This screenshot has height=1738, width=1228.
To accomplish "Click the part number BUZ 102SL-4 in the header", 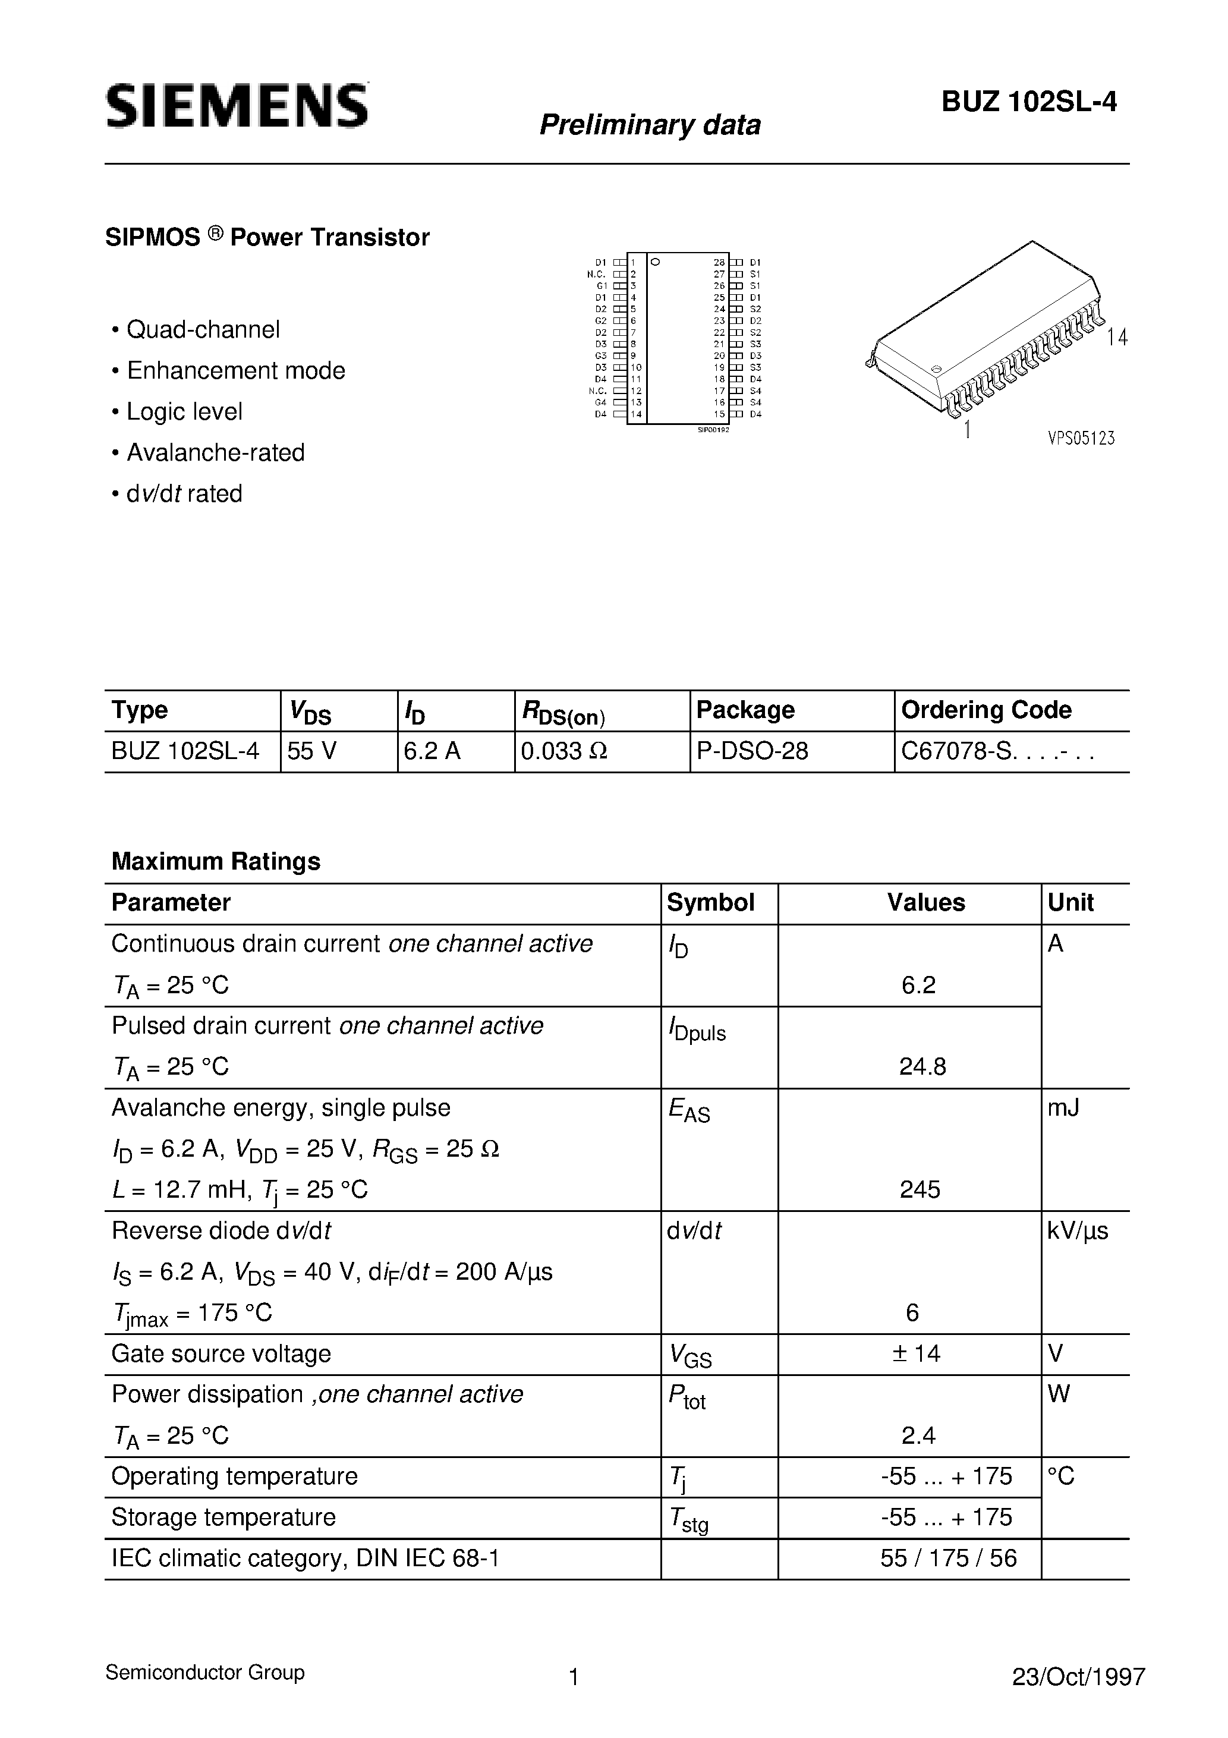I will point(1029,102).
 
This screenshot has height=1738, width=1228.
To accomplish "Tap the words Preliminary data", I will point(650,125).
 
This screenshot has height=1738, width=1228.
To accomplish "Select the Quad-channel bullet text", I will point(203,329).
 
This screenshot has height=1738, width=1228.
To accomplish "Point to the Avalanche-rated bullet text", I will point(215,452).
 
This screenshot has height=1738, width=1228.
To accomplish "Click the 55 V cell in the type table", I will point(312,751).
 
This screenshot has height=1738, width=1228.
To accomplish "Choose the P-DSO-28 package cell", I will point(752,751).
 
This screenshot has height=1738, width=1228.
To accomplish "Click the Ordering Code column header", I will point(985,710).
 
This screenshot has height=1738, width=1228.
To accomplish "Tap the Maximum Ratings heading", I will point(216,861).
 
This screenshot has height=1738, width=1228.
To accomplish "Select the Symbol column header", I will point(710,902).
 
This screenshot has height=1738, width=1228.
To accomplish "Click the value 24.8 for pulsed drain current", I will point(922,1066).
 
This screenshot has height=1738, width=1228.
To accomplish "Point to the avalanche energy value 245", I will point(920,1189).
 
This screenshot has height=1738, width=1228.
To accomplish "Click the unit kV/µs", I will point(1078,1231).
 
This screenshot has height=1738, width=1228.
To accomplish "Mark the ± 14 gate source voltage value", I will point(916,1353).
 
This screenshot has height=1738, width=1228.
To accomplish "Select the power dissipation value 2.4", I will point(918,1435).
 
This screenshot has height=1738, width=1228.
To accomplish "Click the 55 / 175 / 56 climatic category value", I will point(948,1558).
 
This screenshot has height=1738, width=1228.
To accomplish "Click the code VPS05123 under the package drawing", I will point(1081,438).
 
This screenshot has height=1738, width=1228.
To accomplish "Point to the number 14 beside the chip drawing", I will point(1117,338).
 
